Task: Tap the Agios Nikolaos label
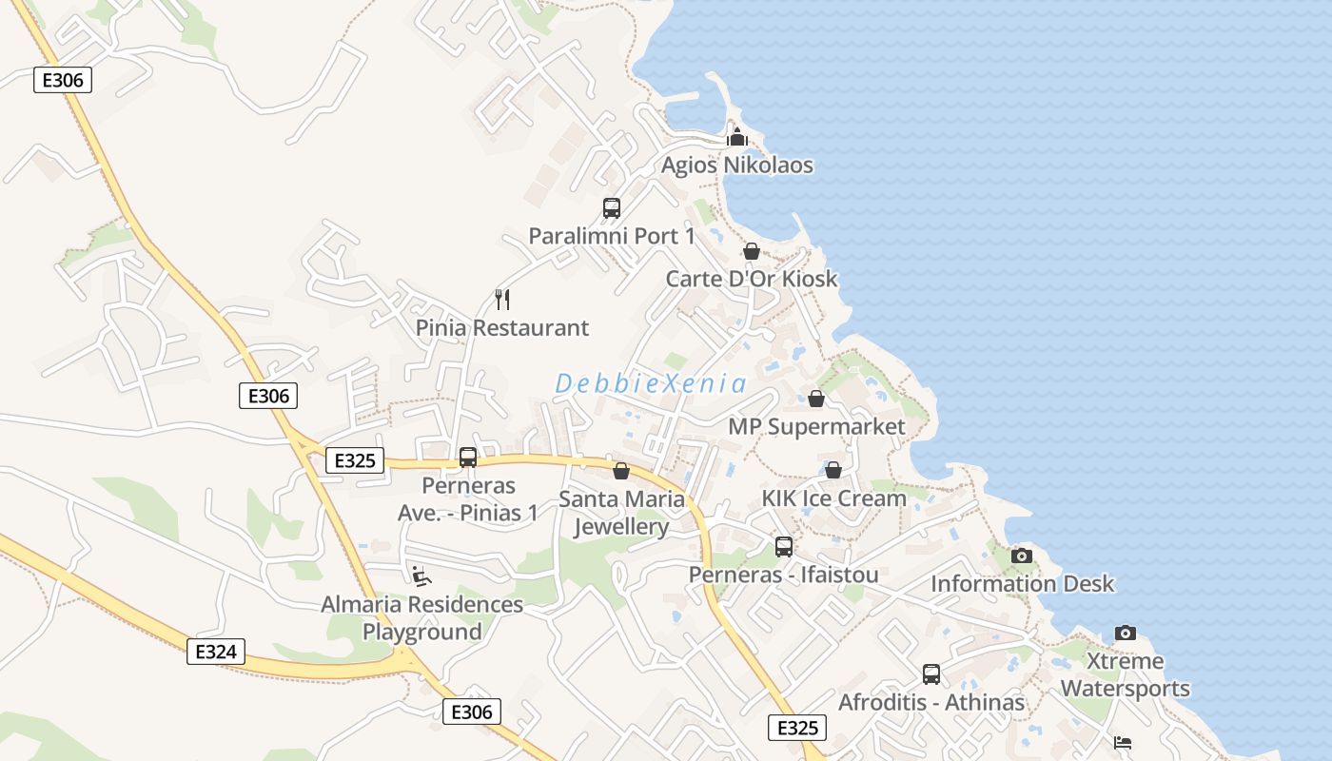coord(737,165)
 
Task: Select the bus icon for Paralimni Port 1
coord(612,207)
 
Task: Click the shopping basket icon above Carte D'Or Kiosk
coord(752,251)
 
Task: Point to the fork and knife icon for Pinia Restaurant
coord(503,300)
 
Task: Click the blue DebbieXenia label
coord(651,383)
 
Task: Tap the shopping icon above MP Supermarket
coord(816,399)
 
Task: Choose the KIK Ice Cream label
coord(833,498)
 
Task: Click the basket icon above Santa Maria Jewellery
coord(621,470)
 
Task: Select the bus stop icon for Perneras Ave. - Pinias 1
coord(468,458)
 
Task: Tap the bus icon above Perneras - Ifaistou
coord(784,547)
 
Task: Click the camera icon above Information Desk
coord(1022,556)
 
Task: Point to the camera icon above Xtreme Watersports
coord(1126,633)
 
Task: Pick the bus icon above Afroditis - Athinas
coord(931,674)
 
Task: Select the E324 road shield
coord(216,652)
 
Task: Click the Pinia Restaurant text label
coord(502,328)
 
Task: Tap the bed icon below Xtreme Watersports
coord(1123,742)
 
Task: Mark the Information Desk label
coord(1022,583)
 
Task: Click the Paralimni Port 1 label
coord(612,236)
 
